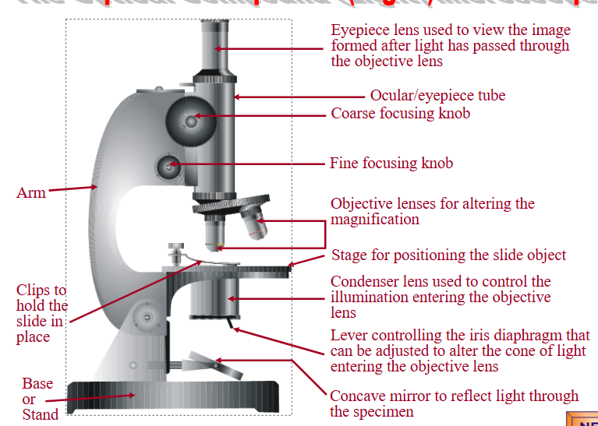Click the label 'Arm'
[30, 192]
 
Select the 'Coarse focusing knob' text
[400, 114]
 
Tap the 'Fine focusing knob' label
[391, 164]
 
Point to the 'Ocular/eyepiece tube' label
[437, 96]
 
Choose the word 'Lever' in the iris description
[350, 336]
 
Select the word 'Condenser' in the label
[365, 282]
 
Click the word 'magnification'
[374, 220]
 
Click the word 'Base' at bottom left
[37, 383]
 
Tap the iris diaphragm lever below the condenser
[231, 323]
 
